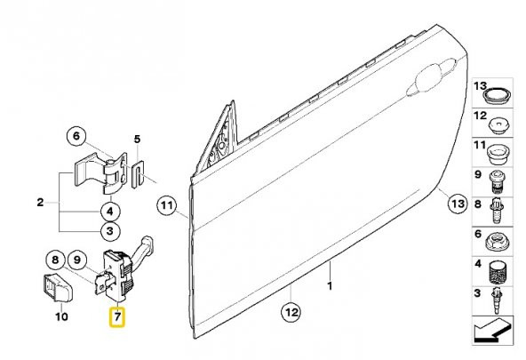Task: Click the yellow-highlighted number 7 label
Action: [x=116, y=317]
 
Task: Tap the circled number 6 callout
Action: [x=76, y=136]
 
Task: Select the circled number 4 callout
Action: [x=110, y=212]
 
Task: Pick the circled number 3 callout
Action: [x=110, y=231]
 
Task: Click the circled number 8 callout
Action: [x=55, y=260]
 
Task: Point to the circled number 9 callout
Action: [x=77, y=260]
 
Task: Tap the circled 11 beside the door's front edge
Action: [x=167, y=205]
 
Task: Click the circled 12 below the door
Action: [x=291, y=312]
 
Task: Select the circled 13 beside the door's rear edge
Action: [x=458, y=204]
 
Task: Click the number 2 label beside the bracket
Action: [x=40, y=203]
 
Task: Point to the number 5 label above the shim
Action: [x=137, y=139]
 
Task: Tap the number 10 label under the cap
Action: [x=61, y=316]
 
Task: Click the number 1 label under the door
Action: [x=330, y=286]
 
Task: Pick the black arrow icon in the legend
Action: [x=492, y=331]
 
